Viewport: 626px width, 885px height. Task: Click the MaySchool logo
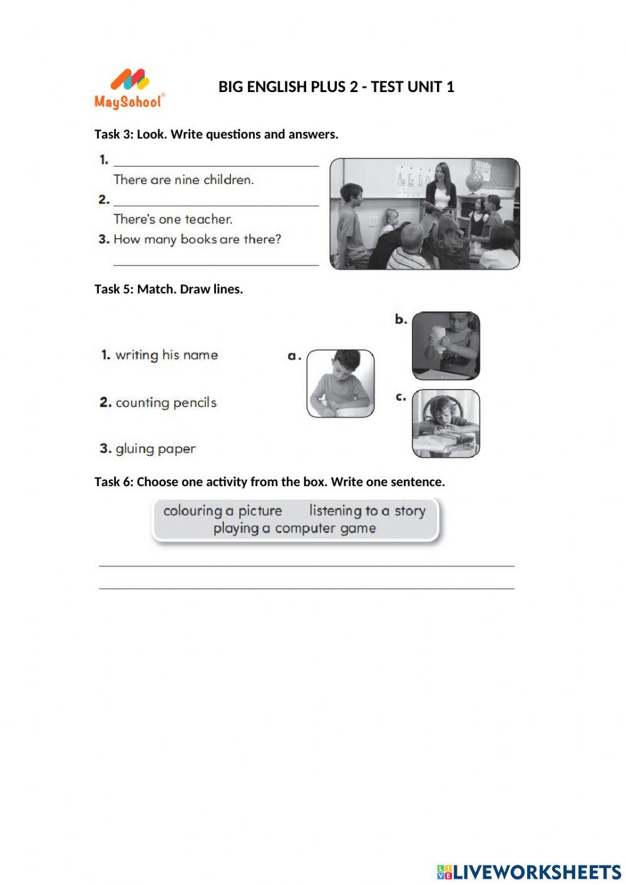tap(130, 90)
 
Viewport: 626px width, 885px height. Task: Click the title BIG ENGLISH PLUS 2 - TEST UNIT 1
tap(336, 87)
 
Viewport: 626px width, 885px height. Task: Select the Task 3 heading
tap(216, 134)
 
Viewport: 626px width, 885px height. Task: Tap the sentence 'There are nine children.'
tap(183, 180)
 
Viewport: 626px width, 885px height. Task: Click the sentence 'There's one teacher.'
tap(173, 219)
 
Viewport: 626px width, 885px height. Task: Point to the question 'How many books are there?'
tap(197, 239)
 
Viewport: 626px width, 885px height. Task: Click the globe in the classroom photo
tap(475, 182)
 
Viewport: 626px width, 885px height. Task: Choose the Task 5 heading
tap(168, 289)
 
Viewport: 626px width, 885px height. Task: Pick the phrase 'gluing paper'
tap(155, 449)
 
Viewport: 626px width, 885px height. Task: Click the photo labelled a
tap(341, 383)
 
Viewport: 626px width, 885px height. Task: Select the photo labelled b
tap(446, 346)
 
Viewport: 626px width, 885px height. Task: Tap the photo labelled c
tap(446, 423)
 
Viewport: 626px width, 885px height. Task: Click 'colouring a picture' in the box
tap(222, 511)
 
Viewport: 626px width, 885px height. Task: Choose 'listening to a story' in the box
tap(367, 511)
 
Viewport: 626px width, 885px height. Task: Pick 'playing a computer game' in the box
tap(294, 529)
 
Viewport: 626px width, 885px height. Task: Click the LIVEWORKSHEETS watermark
tap(529, 872)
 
